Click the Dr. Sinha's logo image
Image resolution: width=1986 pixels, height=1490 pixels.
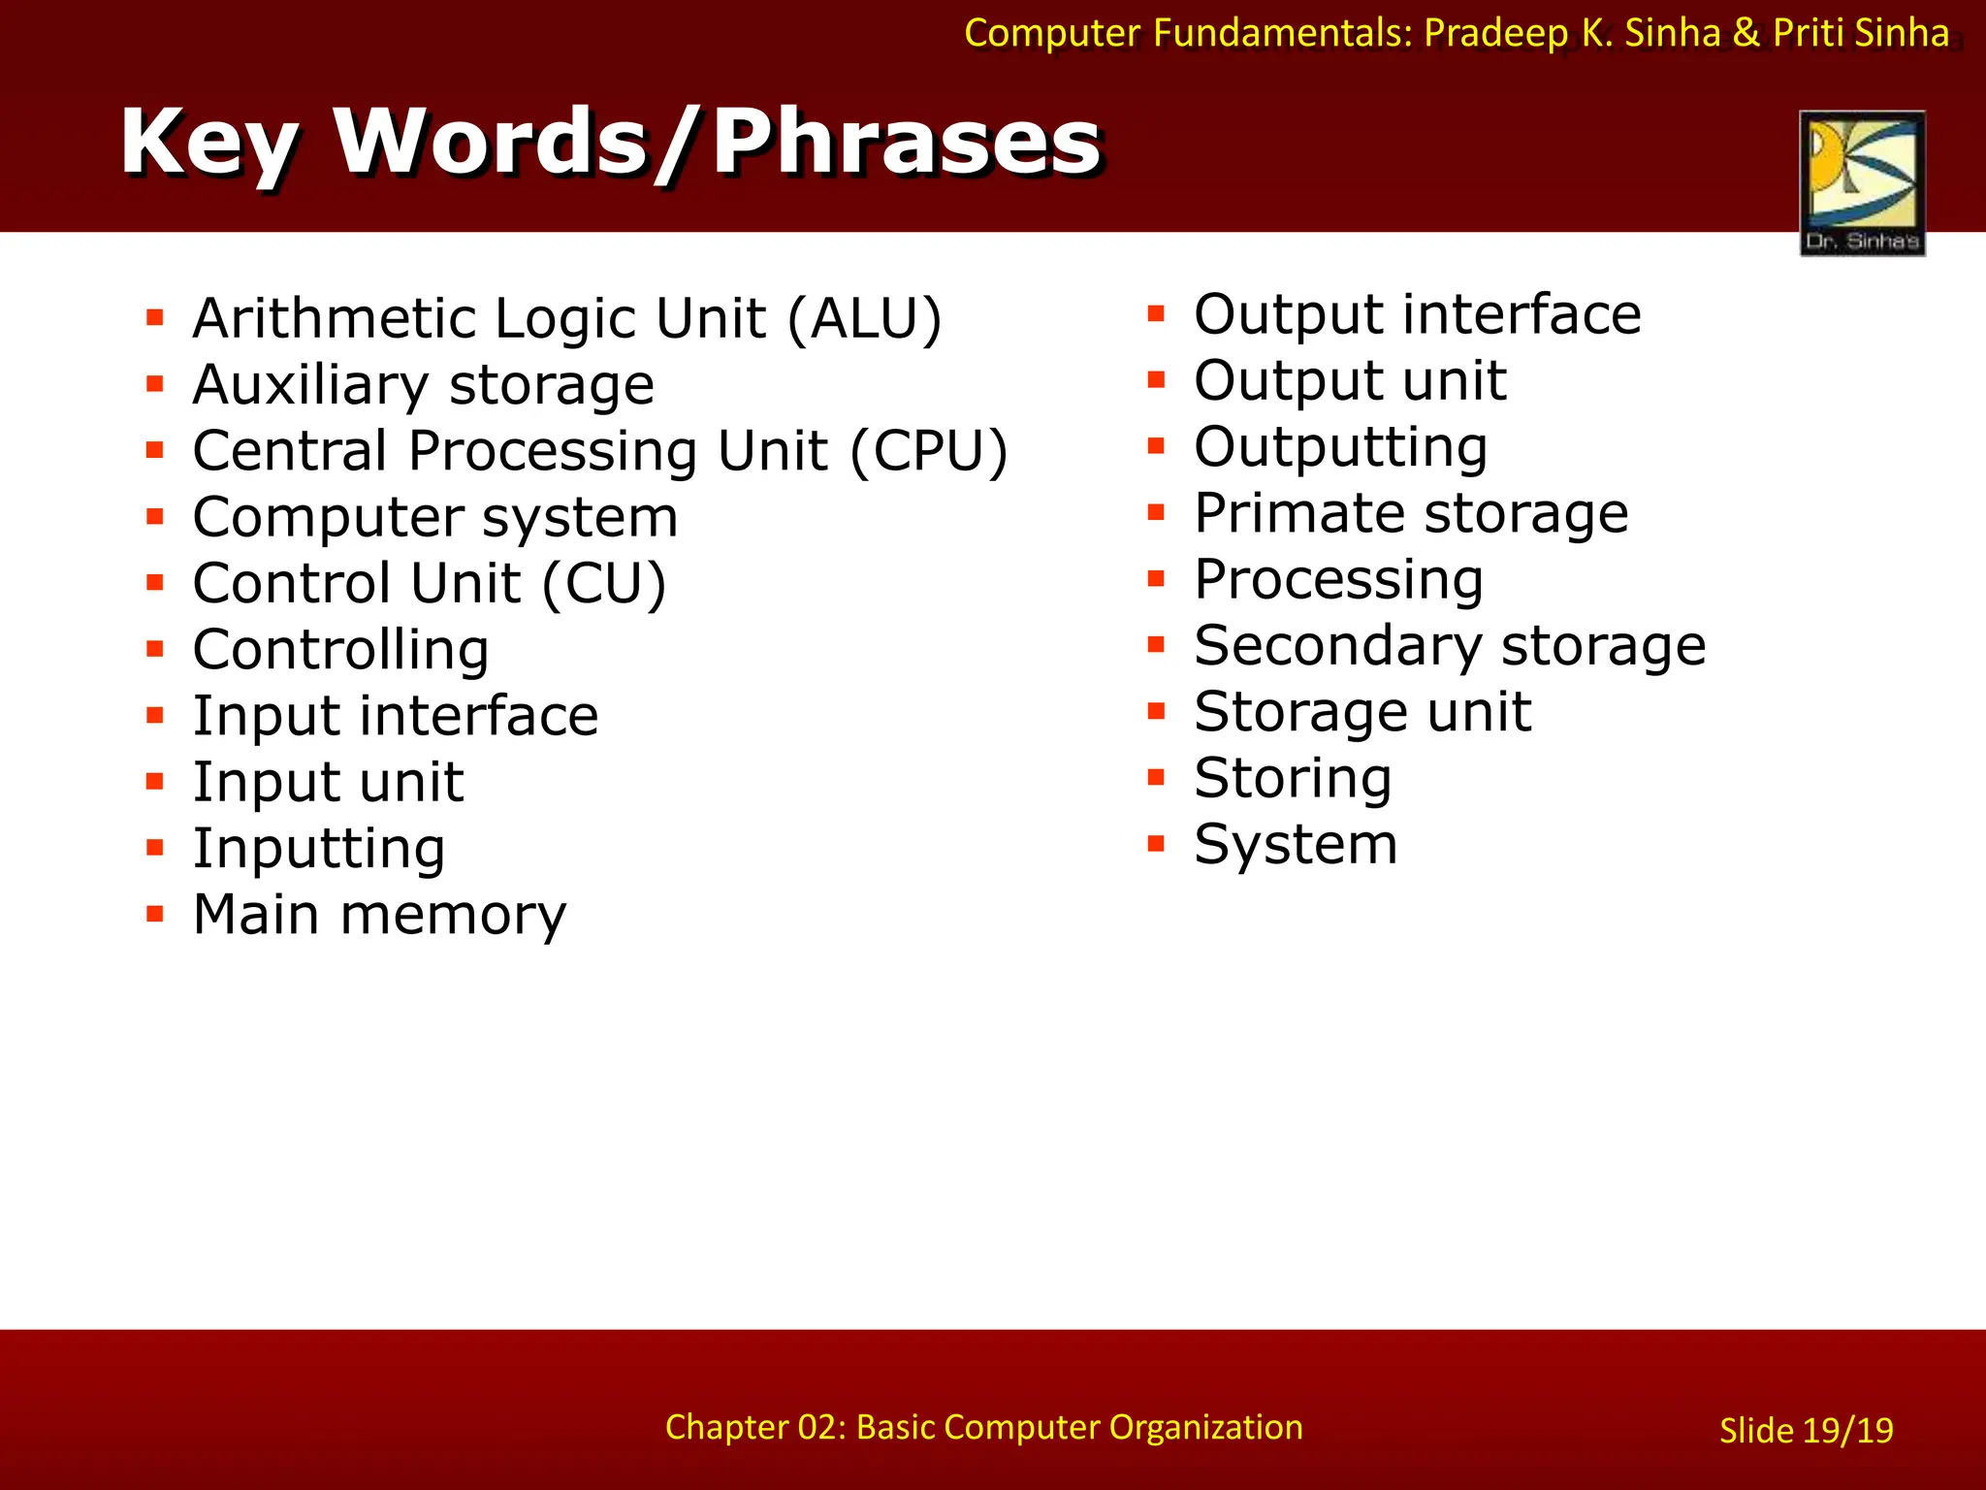[x=1862, y=182]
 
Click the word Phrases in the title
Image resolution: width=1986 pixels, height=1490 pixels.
[x=907, y=143]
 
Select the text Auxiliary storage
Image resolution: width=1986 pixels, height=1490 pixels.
[x=424, y=385]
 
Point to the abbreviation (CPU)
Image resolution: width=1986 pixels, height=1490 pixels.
[x=929, y=451]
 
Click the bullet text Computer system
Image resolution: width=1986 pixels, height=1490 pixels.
[x=435, y=517]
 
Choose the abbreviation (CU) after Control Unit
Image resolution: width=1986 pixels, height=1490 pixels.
[x=604, y=583]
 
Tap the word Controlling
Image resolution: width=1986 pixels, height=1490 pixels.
[x=340, y=649]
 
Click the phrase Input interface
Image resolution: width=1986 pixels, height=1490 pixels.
[x=396, y=716]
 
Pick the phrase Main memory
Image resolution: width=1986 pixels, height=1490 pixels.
[x=379, y=915]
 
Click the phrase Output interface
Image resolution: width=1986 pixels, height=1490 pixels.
[x=1417, y=314]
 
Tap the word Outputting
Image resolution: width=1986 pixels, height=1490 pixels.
[x=1340, y=447]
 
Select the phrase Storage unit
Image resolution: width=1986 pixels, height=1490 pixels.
[x=1362, y=712]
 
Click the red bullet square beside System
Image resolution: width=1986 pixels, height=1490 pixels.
[x=1155, y=843]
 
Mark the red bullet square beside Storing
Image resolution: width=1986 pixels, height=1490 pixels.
[x=1155, y=777]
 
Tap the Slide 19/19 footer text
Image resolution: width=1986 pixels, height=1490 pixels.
[x=1806, y=1431]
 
